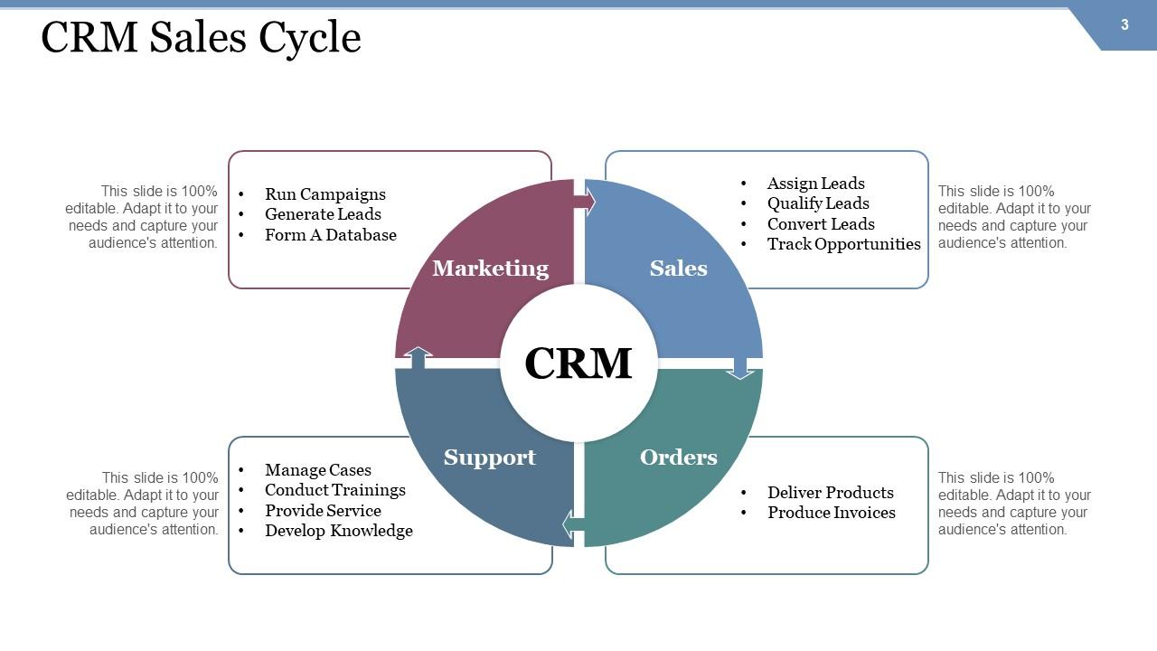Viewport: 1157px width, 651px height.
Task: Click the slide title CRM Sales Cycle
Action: pos(201,38)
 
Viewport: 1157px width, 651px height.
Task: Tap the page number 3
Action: pos(1124,24)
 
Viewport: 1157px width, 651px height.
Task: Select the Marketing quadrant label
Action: pos(490,268)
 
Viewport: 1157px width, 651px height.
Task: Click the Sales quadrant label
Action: pos(678,268)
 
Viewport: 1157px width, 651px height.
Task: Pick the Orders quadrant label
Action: pos(678,457)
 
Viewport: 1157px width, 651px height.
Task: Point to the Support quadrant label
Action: pos(489,457)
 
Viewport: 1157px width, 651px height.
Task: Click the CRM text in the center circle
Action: pos(578,363)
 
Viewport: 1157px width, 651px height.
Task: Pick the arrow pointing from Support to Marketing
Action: pos(417,357)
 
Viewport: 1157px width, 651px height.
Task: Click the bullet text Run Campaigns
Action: pos(325,194)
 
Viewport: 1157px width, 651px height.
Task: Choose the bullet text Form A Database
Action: pos(330,235)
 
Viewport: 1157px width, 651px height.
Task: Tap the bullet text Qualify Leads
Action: pos(818,203)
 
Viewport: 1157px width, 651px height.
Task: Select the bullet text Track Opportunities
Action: pos(843,244)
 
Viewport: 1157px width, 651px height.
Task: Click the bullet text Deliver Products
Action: pos(830,493)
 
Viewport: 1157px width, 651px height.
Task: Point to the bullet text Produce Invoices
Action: pos(831,513)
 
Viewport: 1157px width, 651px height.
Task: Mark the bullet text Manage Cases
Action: pos(317,470)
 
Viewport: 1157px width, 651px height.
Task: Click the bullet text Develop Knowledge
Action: pos(338,531)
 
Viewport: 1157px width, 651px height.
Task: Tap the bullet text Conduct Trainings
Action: pos(334,490)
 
